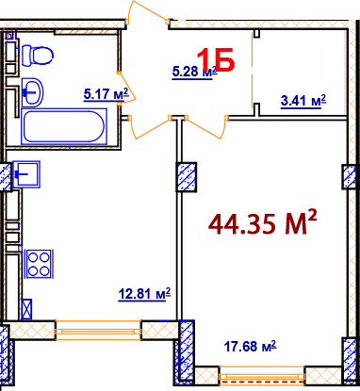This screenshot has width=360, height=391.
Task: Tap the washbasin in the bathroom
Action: coord(34,91)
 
